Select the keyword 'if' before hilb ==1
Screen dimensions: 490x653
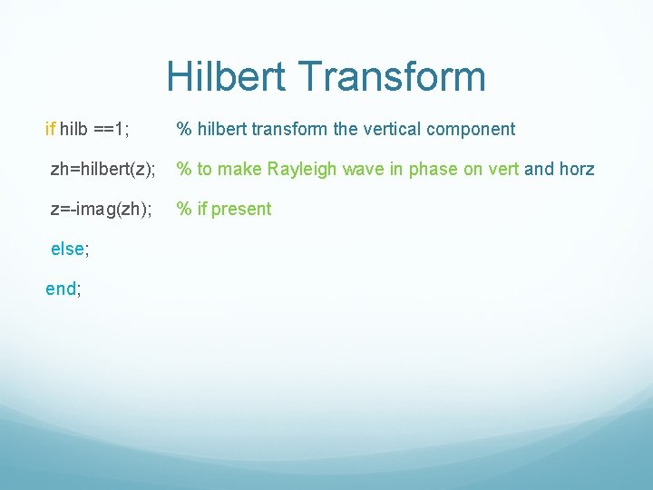click(50, 129)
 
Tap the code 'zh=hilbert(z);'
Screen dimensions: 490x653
click(102, 169)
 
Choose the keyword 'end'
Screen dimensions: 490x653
click(61, 289)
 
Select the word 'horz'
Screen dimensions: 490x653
click(575, 169)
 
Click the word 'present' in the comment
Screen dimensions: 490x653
click(241, 209)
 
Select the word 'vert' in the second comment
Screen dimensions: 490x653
click(500, 169)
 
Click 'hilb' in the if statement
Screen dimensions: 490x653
click(74, 129)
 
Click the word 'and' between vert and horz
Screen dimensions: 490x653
click(539, 169)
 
